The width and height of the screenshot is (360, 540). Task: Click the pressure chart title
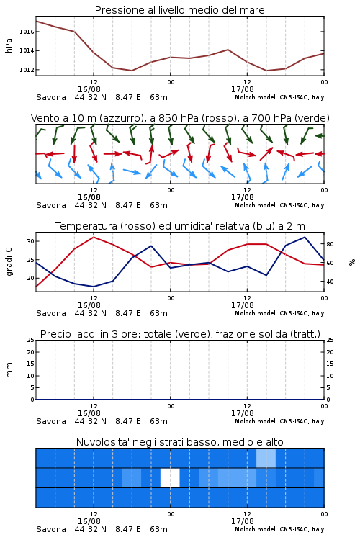(179, 10)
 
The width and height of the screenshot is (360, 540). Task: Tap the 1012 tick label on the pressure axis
(27, 70)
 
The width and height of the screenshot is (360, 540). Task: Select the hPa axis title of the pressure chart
(9, 45)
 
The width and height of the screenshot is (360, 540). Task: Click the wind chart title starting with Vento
(180, 118)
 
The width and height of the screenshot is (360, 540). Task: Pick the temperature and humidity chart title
(180, 226)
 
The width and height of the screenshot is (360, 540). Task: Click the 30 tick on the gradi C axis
(31, 241)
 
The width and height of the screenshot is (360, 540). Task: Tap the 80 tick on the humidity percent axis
(330, 244)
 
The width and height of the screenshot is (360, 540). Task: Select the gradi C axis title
(9, 262)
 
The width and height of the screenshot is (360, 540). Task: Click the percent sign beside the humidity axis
(352, 262)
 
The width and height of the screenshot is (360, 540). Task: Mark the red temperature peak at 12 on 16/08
(94, 237)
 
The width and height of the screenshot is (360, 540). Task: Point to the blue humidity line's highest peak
(305, 237)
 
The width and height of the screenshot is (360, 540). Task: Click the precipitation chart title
(180, 334)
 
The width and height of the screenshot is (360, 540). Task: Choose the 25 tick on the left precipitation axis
(31, 340)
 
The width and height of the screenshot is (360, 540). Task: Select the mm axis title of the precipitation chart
(9, 370)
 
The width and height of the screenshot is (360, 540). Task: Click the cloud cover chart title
(179, 442)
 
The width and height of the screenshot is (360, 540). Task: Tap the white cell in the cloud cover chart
(170, 477)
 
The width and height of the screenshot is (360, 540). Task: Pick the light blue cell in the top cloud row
(266, 458)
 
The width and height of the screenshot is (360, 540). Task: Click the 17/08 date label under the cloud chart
(243, 521)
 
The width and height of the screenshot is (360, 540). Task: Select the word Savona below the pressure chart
(51, 97)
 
